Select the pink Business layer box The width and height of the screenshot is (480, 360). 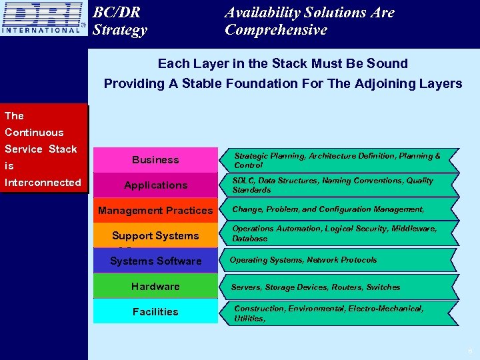tap(155, 160)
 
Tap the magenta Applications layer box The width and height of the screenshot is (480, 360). tap(155, 185)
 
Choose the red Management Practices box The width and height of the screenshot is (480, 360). tap(155, 211)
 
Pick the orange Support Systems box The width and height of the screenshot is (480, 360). tap(155, 235)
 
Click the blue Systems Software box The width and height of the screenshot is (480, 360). tap(155, 261)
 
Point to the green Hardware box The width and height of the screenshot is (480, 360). tap(155, 286)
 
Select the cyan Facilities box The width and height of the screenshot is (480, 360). tap(155, 311)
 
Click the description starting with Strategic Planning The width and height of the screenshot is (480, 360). tap(337, 160)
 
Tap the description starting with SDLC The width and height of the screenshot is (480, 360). tap(332, 185)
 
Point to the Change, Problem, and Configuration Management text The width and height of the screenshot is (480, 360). tap(328, 209)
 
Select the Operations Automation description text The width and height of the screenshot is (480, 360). tap(334, 233)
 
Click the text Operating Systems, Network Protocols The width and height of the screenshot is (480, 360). tap(303, 260)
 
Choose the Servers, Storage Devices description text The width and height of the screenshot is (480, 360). tap(315, 287)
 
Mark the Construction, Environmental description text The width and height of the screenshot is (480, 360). tap(328, 313)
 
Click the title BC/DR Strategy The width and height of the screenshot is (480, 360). tap(120, 21)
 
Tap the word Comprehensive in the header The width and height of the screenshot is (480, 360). tap(276, 30)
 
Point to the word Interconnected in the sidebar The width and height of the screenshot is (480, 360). tap(43, 183)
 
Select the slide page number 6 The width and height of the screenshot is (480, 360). tap(469, 351)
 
